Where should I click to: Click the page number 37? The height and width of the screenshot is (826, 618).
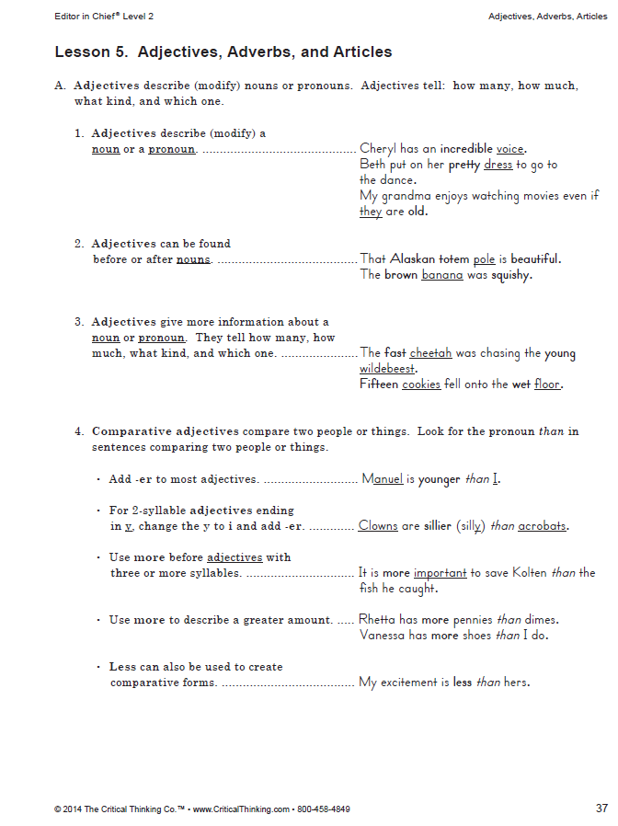tap(601, 809)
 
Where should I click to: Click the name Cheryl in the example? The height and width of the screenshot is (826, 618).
tap(377, 148)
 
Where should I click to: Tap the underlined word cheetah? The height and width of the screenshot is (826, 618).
tap(430, 353)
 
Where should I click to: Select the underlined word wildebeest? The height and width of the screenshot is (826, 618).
tap(387, 369)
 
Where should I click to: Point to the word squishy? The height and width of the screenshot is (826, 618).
tap(511, 275)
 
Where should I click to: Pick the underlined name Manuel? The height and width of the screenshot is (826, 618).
tap(382, 479)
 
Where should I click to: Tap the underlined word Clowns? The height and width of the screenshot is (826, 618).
tap(378, 526)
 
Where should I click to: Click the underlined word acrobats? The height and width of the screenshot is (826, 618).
tap(542, 526)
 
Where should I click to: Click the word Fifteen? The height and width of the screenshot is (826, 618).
tap(379, 384)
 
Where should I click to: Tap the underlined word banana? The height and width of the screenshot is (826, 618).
tap(442, 275)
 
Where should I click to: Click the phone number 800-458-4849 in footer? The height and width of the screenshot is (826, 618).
tap(322, 809)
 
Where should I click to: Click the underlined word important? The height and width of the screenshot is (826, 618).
tap(440, 573)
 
